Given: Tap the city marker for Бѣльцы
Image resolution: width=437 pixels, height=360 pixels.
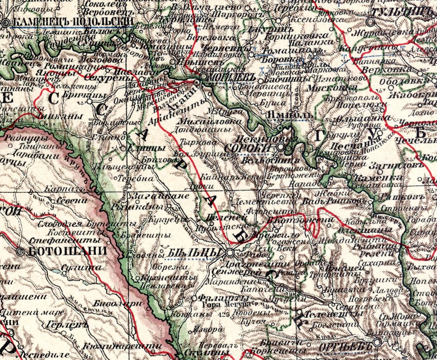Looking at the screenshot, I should (230, 253).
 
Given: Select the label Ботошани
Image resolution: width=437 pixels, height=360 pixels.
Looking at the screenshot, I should (67, 251).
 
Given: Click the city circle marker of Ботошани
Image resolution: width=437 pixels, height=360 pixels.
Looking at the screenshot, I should (21, 252).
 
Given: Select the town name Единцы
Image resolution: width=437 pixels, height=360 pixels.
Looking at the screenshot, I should (146, 148).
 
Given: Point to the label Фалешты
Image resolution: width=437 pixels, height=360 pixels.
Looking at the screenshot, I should (222, 298).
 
